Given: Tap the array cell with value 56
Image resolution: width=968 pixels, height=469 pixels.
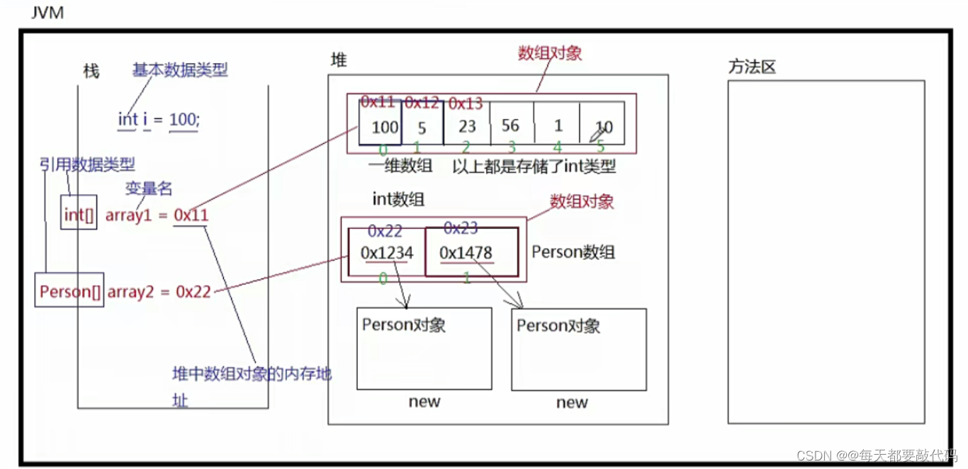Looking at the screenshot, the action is pyautogui.click(x=510, y=125).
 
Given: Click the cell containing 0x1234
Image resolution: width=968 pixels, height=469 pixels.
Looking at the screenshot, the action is pyautogui.click(x=386, y=252).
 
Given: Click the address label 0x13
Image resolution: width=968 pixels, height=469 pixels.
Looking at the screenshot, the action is pyautogui.click(x=466, y=104).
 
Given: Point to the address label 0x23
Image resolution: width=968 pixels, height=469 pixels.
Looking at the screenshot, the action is pyautogui.click(x=461, y=228).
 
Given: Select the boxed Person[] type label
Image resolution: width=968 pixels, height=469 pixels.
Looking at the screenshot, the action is pyautogui.click(x=70, y=291).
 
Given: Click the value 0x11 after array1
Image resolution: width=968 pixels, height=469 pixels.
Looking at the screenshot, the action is pyautogui.click(x=191, y=215).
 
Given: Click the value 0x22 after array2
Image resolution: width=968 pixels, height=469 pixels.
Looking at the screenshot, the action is pyautogui.click(x=193, y=291).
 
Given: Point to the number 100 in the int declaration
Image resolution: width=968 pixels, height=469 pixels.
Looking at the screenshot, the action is pyautogui.click(x=184, y=120).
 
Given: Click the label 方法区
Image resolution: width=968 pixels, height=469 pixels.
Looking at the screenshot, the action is pyautogui.click(x=752, y=67).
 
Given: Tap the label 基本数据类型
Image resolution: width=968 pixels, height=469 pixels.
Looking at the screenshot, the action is pyautogui.click(x=180, y=70).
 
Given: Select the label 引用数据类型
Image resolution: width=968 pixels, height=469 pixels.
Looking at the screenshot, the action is pyautogui.click(x=87, y=165).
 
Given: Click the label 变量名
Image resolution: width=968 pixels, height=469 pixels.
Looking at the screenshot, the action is pyautogui.click(x=149, y=188).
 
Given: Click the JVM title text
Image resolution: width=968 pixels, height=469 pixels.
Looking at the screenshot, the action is pyautogui.click(x=47, y=13).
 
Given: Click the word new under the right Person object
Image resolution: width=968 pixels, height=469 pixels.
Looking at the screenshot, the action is pyautogui.click(x=571, y=402).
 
